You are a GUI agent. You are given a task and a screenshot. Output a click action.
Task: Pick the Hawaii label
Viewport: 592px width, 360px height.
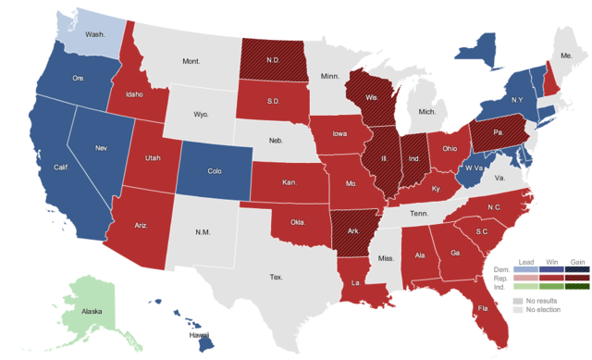(200, 335)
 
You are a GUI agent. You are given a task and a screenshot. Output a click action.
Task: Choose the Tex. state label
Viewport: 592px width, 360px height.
(276, 277)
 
